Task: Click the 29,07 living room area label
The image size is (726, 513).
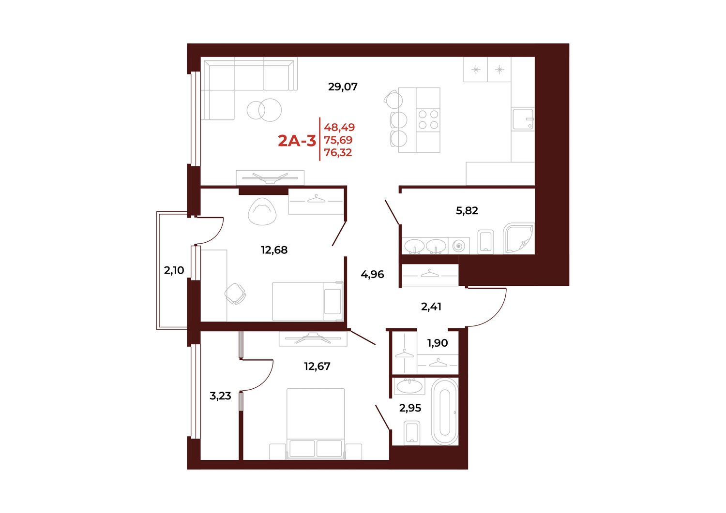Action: [343, 87]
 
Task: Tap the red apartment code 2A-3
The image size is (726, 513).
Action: [297, 141]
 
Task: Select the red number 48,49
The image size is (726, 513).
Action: [339, 127]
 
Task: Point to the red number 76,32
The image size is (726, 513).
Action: [338, 152]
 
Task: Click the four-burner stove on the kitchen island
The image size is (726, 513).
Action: [428, 119]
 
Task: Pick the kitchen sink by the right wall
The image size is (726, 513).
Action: [523, 119]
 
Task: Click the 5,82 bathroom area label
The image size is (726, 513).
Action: [467, 211]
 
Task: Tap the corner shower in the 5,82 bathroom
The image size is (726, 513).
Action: [518, 238]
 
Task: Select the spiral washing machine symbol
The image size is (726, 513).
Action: [458, 246]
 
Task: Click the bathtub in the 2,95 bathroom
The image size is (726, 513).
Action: [445, 411]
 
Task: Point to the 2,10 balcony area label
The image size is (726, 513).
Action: [174, 270]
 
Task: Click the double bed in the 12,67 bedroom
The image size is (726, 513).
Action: [316, 424]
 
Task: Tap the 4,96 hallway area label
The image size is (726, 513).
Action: [372, 275]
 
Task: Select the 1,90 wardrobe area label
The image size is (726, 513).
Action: [437, 343]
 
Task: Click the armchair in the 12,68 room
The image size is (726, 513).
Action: [262, 211]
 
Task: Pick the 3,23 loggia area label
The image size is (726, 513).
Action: [220, 396]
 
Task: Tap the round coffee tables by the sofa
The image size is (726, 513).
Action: [264, 110]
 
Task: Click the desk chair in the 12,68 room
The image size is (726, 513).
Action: [235, 294]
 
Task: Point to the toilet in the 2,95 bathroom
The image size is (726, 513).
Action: [412, 433]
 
